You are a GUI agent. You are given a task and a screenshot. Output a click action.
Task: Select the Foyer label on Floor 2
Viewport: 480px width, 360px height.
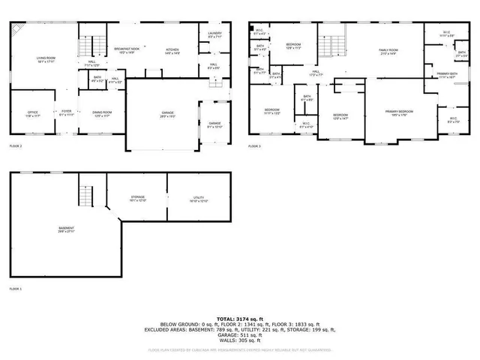[x=67, y=112]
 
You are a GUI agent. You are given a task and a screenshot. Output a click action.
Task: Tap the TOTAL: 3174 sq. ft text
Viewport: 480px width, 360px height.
[x=240, y=319]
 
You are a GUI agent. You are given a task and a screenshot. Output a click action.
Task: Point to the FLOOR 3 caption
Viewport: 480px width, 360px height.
[x=255, y=145]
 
